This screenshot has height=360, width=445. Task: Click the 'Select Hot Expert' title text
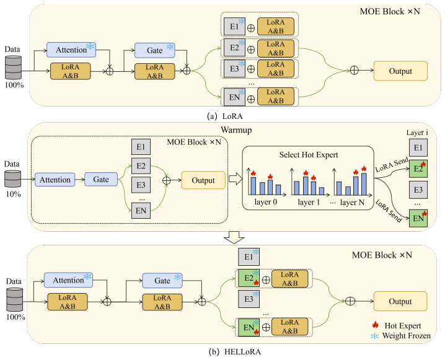[x=309, y=155]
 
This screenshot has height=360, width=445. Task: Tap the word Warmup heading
[x=236, y=130]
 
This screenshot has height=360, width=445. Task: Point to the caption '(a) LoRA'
[x=225, y=116]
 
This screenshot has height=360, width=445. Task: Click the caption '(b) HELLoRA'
[x=235, y=352]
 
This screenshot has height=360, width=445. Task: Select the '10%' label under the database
[x=14, y=194]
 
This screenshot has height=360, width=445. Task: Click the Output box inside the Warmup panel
[x=203, y=180]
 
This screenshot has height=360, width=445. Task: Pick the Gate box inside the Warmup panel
[x=101, y=179]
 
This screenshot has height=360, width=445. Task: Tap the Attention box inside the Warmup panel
[x=55, y=180]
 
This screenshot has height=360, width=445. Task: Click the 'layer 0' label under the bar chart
[x=266, y=202]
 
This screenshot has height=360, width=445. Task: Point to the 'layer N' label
[x=352, y=202]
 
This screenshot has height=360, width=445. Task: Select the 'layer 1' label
[x=309, y=202]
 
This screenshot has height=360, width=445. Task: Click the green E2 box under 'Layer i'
[x=418, y=169]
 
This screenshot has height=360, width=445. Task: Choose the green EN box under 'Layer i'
[x=418, y=218]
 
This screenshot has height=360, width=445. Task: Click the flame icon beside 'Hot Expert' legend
[x=375, y=325]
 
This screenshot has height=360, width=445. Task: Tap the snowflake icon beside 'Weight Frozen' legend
[x=374, y=336]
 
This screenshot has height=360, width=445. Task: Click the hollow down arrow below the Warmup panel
[x=234, y=237]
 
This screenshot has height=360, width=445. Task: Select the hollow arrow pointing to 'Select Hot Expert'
[x=236, y=179]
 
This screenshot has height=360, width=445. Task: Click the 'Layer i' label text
[x=417, y=133]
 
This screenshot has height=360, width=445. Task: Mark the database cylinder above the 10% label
[x=12, y=178]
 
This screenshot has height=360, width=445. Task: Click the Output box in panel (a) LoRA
[x=400, y=71]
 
